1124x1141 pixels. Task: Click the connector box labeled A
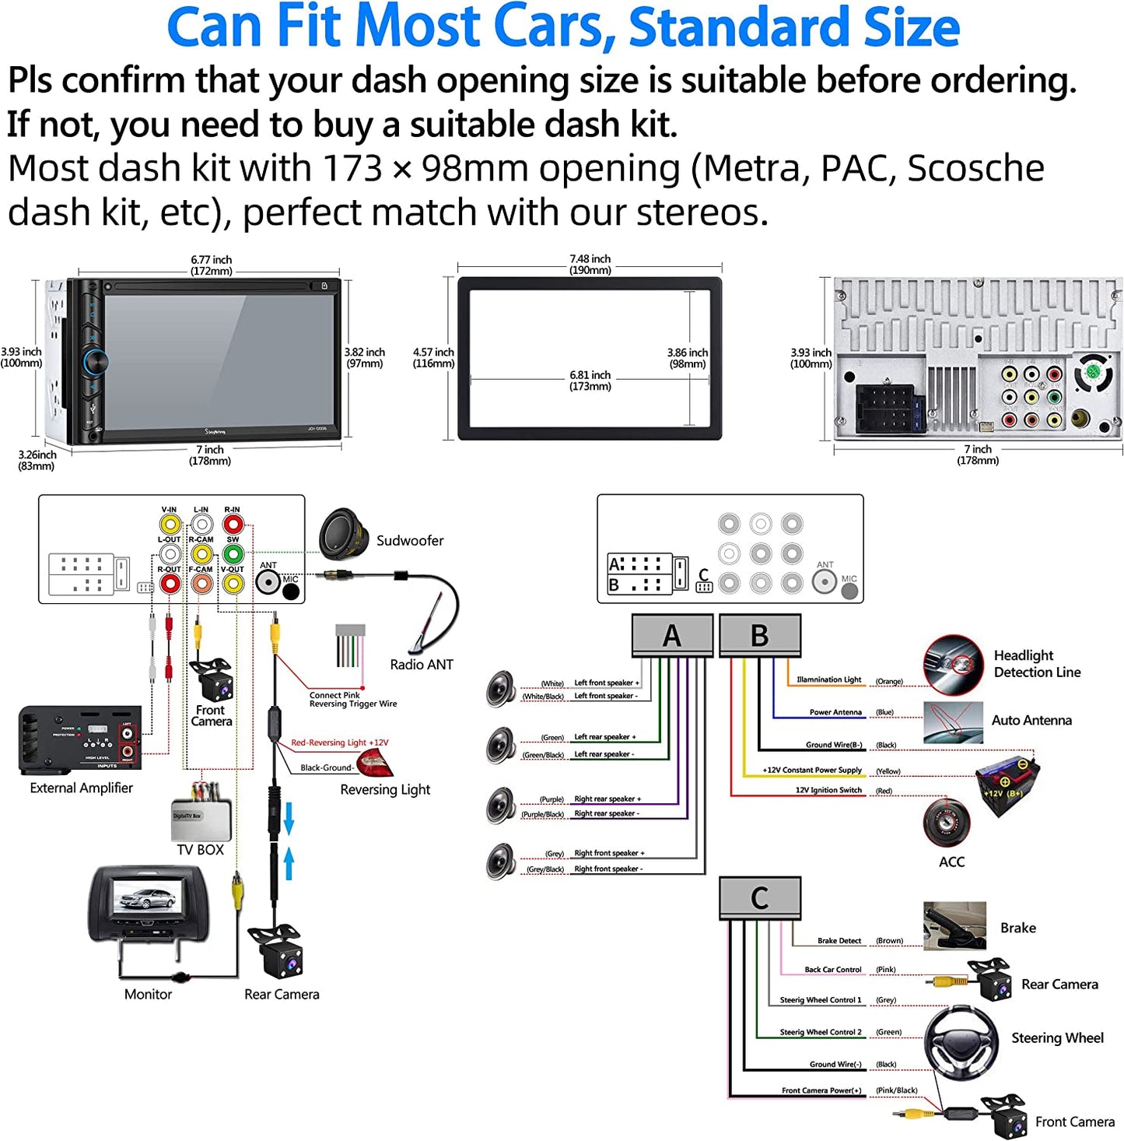[x=672, y=635]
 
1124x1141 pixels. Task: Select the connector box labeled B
[x=759, y=635]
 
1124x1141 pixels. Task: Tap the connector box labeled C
[x=759, y=897]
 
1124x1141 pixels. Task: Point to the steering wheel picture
[x=961, y=1039]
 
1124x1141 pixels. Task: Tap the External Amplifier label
[x=81, y=788]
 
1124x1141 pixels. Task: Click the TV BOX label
[x=200, y=850]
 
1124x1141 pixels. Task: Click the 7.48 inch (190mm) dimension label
[x=590, y=265]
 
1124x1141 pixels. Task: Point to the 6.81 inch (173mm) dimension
[x=590, y=381]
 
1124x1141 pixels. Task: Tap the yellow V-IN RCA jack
[x=170, y=524]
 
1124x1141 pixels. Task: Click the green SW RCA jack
[x=233, y=553]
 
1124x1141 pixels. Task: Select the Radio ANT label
[x=421, y=665]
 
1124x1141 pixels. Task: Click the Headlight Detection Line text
[x=1037, y=664]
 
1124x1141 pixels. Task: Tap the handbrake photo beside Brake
[x=954, y=925]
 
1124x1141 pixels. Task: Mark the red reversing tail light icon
[x=375, y=763]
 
